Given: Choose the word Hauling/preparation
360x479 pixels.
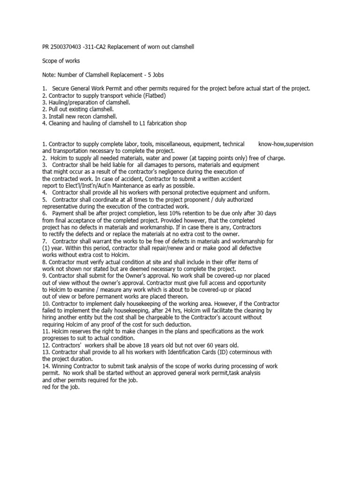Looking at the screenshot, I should (x=71, y=102).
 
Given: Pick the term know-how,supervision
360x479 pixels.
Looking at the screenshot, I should (x=286, y=144).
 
